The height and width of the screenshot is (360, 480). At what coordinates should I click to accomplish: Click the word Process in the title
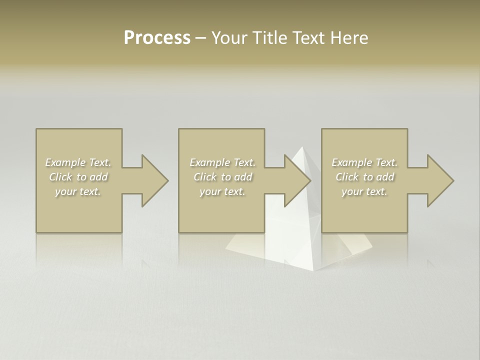click(157, 38)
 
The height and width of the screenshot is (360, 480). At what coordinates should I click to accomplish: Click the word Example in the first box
click(65, 162)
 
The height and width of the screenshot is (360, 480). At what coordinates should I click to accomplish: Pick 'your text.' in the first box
click(78, 191)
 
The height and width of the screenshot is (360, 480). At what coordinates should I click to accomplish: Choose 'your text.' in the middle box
click(222, 191)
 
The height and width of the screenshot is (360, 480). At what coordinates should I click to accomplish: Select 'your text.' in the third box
click(364, 191)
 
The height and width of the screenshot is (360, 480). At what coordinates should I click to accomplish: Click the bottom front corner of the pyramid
click(313, 270)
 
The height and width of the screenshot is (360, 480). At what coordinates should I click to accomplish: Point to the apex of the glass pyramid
click(302, 147)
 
